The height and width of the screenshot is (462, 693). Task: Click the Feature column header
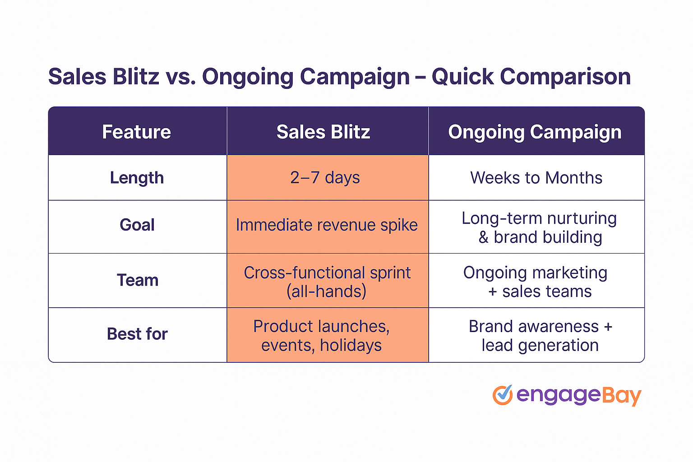137,132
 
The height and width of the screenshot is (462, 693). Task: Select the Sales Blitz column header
323,132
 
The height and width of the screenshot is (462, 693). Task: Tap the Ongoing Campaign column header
535,132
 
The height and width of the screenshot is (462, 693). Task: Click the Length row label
137,178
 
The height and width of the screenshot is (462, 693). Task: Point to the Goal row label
137,225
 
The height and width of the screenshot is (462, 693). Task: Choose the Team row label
138,280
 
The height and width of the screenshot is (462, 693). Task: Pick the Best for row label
137,334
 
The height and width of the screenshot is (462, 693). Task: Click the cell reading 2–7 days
325,178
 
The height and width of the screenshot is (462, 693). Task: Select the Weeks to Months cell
536,178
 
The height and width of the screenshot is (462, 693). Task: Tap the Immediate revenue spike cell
327,225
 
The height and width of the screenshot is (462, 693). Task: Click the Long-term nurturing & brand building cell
540,227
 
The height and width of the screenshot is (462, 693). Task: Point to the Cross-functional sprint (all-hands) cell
327,282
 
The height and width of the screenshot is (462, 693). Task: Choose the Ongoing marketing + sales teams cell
536,282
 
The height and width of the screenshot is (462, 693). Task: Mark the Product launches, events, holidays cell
322,336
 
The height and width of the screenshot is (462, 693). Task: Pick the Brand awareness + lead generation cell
540,336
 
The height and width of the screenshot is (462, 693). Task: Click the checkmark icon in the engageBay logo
503,395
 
